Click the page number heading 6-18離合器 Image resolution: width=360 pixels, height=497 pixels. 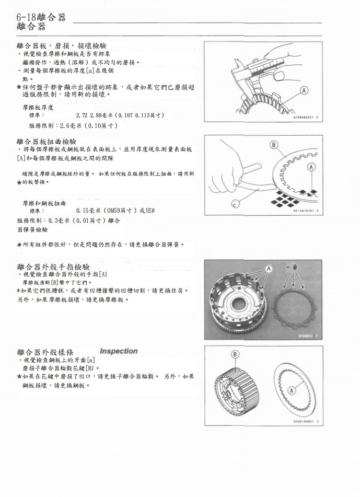pos(41,17)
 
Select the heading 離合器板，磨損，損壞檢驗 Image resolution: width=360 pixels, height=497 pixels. pos(61,46)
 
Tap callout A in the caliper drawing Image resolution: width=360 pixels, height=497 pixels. pos(304,91)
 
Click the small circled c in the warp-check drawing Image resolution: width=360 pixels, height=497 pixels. pos(234,205)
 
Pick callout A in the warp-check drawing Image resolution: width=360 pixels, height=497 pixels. pos(311,167)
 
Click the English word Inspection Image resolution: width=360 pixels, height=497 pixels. pos(118,351)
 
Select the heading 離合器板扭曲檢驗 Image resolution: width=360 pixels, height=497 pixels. pos(46,142)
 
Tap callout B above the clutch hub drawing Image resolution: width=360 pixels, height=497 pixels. pos(235,354)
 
